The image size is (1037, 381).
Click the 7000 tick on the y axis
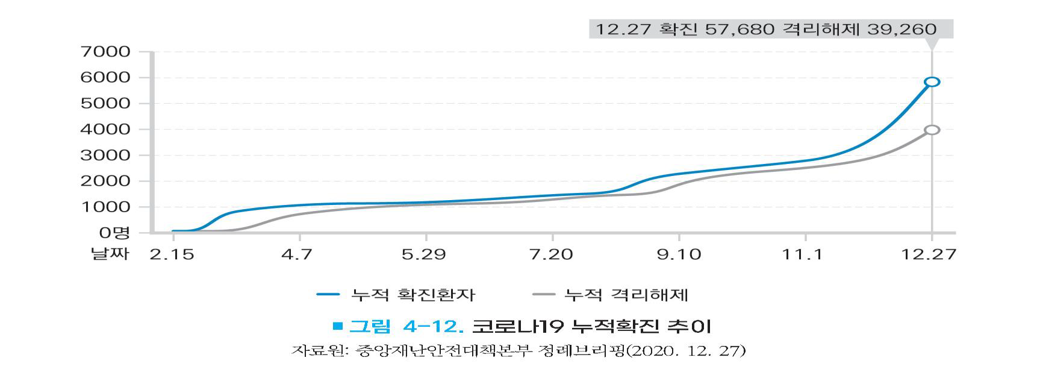pyautogui.click(x=105, y=52)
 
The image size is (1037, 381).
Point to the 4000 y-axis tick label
pyautogui.click(x=105, y=130)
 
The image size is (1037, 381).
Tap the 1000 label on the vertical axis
pyautogui.click(x=105, y=207)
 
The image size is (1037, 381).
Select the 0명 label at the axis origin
pyautogui.click(x=114, y=233)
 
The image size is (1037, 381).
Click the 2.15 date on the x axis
pyautogui.click(x=172, y=254)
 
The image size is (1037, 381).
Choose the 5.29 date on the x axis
pyautogui.click(x=425, y=254)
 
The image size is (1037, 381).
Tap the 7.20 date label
pyautogui.click(x=553, y=254)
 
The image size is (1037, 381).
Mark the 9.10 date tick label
pyautogui.click(x=679, y=254)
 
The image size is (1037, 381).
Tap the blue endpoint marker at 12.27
pyautogui.click(x=932, y=82)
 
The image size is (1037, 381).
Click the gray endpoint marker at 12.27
pyautogui.click(x=932, y=130)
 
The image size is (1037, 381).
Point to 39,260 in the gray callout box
pyautogui.click(x=902, y=29)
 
